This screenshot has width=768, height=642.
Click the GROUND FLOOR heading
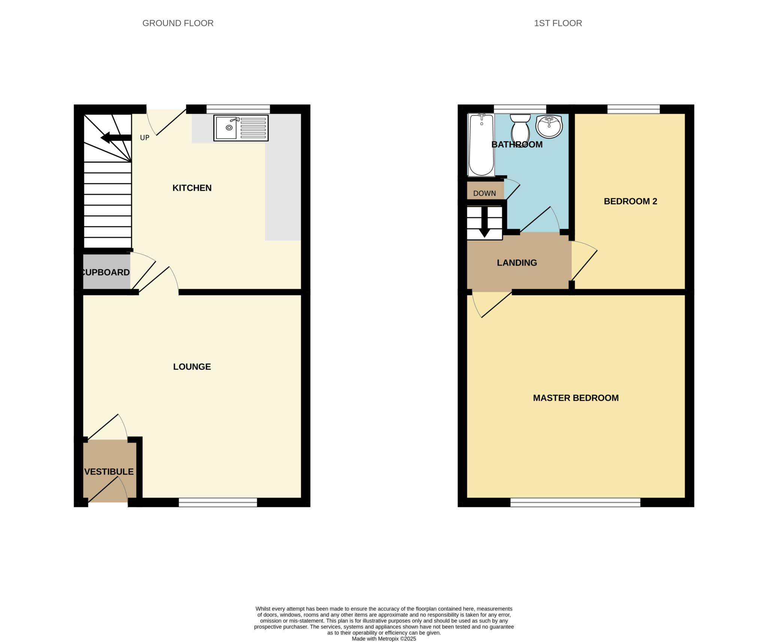tap(178, 23)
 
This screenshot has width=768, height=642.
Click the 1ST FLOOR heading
tap(558, 23)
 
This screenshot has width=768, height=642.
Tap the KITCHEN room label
tap(192, 188)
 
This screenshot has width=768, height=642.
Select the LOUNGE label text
tap(192, 367)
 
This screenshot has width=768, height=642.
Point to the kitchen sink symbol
tap(241, 128)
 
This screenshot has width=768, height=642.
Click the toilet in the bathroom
tap(520, 128)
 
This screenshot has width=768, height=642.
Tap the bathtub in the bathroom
tap(481, 145)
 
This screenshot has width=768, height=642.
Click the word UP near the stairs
tap(145, 138)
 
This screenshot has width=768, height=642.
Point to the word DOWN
tap(484, 193)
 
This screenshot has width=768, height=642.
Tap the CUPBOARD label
tap(106, 272)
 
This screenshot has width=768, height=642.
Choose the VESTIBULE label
tap(109, 471)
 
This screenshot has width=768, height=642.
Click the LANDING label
tap(517, 263)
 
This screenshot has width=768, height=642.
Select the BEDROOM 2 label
tap(630, 201)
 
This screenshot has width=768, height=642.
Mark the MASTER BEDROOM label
tap(576, 398)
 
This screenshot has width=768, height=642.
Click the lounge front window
tap(217, 502)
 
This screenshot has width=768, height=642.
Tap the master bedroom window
tap(575, 502)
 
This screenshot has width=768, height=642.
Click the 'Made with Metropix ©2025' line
tap(384, 639)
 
